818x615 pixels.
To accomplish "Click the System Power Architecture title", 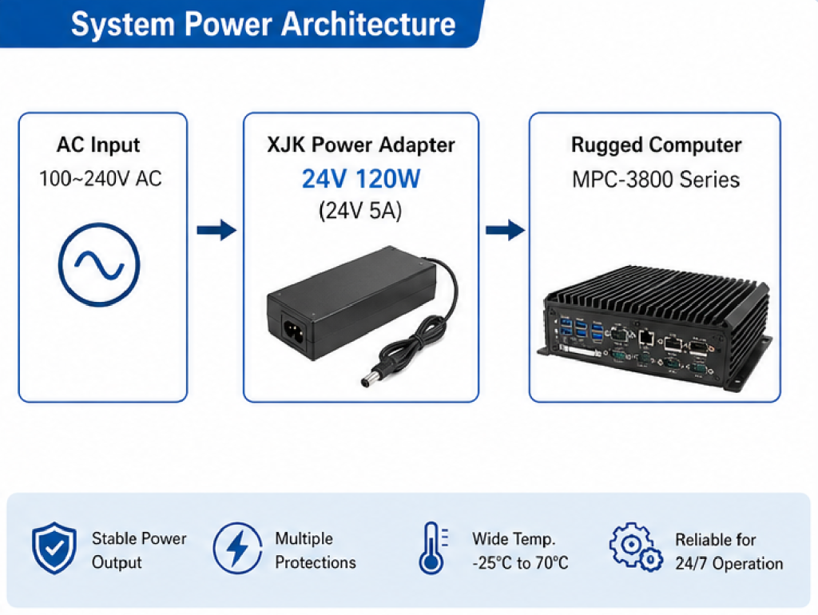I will pyautogui.click(x=263, y=24).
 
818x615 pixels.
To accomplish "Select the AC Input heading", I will pyautogui.click(x=98, y=145).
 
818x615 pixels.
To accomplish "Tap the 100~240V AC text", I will pyautogui.click(x=101, y=178).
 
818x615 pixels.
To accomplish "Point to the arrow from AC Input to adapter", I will pyautogui.click(x=216, y=231).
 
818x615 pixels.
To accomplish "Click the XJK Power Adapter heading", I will pyautogui.click(x=360, y=145).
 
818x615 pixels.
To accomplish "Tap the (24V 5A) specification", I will pyautogui.click(x=360, y=211).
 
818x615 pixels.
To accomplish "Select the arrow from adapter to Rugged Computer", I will pyautogui.click(x=505, y=231).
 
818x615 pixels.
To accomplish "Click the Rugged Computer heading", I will pyautogui.click(x=656, y=145).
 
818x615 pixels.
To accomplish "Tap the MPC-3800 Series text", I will pyautogui.click(x=656, y=179).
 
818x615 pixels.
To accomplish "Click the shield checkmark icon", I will pyautogui.click(x=54, y=550).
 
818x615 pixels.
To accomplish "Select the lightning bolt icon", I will pyautogui.click(x=237, y=550).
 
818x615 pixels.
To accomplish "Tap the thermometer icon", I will pyautogui.click(x=432, y=550).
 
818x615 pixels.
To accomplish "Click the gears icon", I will pyautogui.click(x=636, y=549).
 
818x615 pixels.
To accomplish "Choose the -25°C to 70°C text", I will pyautogui.click(x=520, y=563).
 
